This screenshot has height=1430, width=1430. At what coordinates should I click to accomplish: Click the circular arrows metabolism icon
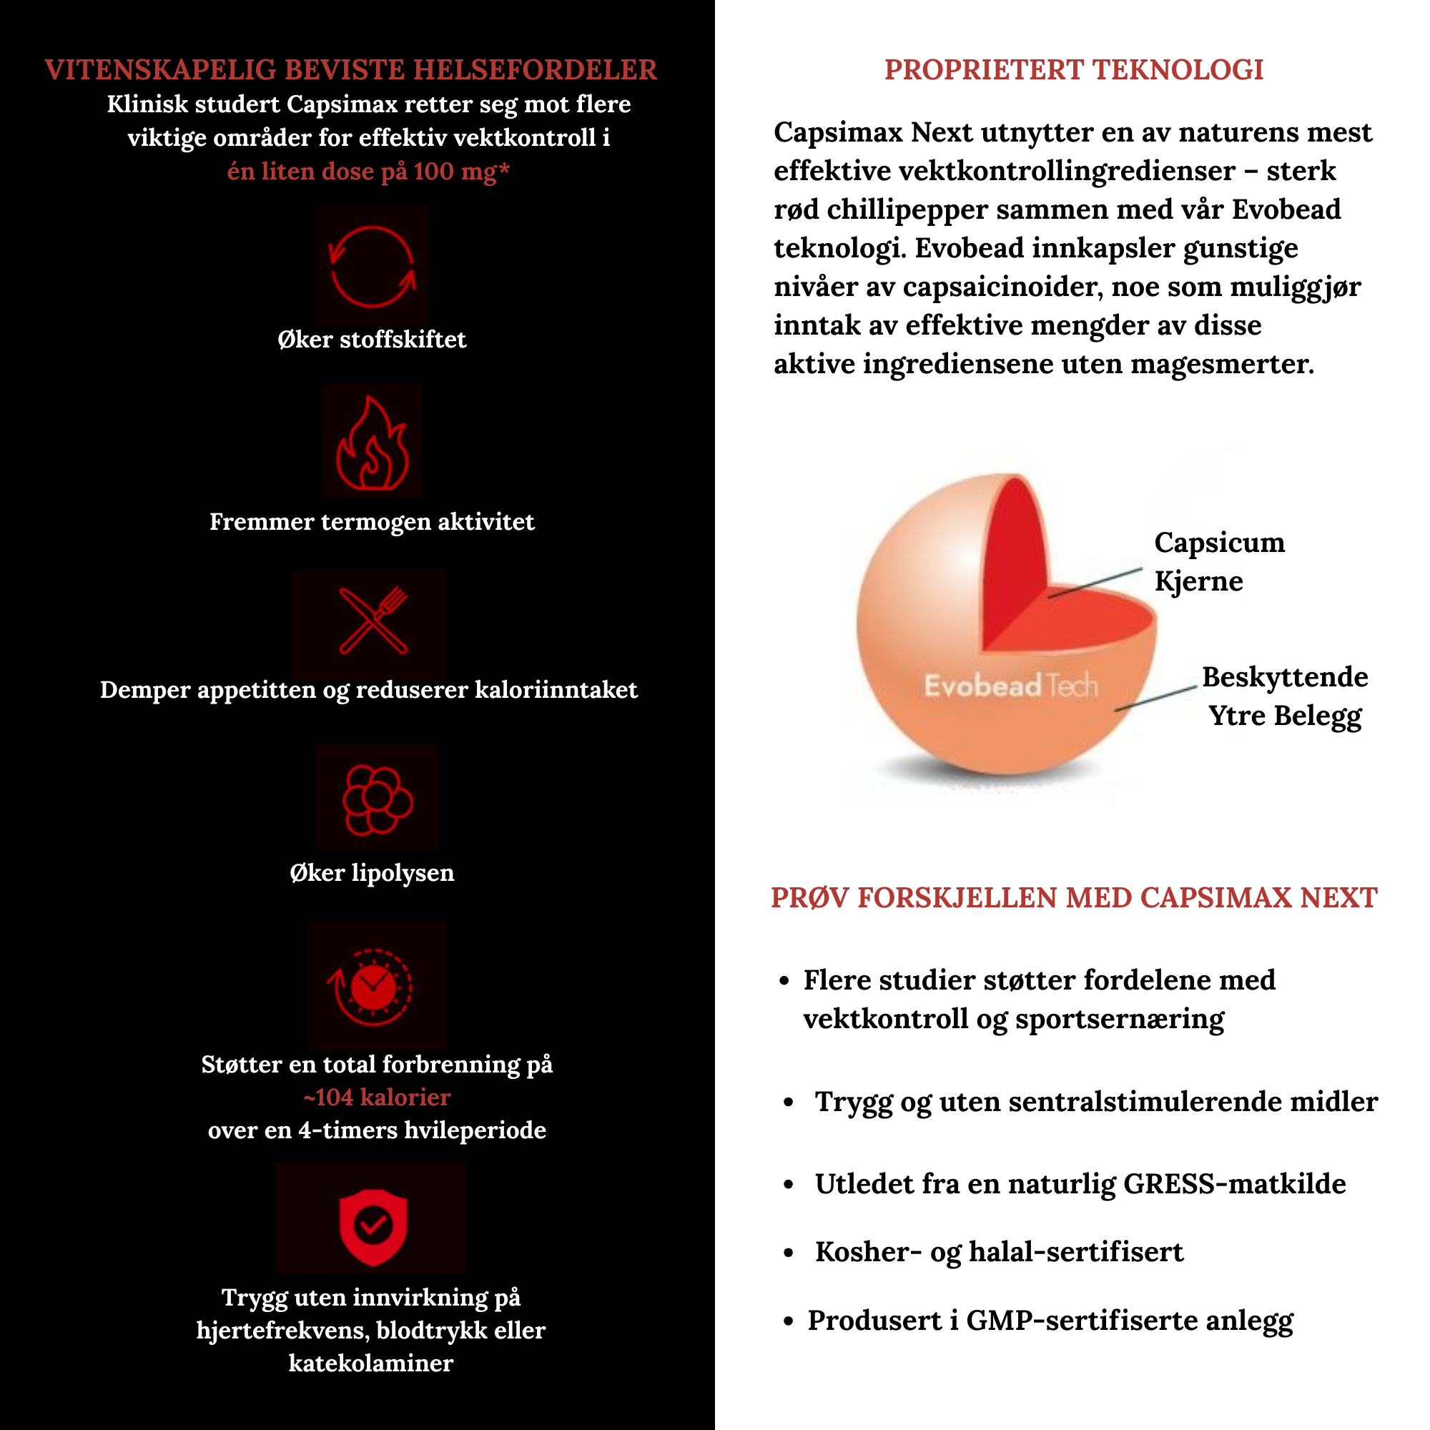372,267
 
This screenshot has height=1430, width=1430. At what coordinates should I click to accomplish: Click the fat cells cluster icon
377,799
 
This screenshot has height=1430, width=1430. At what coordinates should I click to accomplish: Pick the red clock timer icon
374,986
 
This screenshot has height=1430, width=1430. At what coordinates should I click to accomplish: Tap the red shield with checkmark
373,1226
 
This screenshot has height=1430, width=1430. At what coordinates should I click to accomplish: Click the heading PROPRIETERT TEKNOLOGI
1073,69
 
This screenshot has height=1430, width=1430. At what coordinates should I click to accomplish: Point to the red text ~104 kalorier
377,1097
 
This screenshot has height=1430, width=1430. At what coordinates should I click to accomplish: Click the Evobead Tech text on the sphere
1010,686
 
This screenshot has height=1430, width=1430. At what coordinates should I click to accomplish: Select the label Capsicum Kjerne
1218,561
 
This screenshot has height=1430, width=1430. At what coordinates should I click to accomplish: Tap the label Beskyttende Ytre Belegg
1284,696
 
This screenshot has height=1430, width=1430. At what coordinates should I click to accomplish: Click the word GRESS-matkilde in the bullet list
1234,1183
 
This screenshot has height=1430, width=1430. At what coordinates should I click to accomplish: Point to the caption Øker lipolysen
372,872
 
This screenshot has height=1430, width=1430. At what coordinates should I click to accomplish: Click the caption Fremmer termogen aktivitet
372,522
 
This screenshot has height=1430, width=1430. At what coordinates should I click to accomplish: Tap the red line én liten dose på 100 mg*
368,171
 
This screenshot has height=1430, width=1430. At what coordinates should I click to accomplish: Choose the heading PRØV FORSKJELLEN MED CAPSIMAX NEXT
1073,898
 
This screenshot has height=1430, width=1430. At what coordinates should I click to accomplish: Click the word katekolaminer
371,1363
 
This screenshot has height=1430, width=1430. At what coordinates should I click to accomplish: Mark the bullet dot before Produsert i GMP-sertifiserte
787,1321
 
